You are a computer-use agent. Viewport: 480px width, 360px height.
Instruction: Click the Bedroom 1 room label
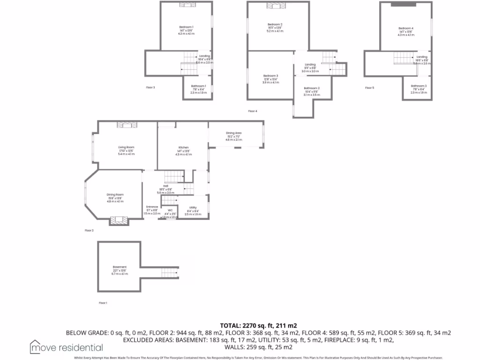pyautogui.click(x=186, y=27)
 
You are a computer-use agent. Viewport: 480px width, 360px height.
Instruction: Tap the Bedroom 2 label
pyautogui.click(x=275, y=24)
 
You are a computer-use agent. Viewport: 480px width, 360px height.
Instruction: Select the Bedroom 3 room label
pyautogui.click(x=270, y=76)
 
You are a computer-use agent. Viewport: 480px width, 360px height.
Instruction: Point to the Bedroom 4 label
pyautogui.click(x=406, y=29)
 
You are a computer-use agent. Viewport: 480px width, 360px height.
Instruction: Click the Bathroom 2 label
pyautogui.click(x=312, y=88)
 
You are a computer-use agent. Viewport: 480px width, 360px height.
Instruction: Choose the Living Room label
pyautogui.click(x=126, y=147)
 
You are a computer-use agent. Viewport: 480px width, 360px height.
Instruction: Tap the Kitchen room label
pyautogui.click(x=183, y=148)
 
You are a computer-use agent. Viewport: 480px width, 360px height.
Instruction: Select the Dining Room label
pyautogui.click(x=115, y=195)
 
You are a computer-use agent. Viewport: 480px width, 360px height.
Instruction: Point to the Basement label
pyautogui.click(x=120, y=267)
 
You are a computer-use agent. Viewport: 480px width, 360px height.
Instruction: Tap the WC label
pyautogui.click(x=170, y=210)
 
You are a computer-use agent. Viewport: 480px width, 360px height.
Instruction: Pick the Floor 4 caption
pyautogui.click(x=253, y=111)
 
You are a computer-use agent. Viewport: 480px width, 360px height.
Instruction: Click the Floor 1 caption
pyautogui.click(x=103, y=303)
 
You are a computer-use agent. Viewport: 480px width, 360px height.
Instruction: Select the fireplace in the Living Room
pyautogui.click(x=127, y=124)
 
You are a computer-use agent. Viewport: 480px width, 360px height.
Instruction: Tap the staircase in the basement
pyautogui.click(x=167, y=272)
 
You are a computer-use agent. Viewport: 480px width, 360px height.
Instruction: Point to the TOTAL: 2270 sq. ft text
pyautogui.click(x=259, y=325)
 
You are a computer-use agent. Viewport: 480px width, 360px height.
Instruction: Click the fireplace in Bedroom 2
pyautogui.click(x=273, y=6)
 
